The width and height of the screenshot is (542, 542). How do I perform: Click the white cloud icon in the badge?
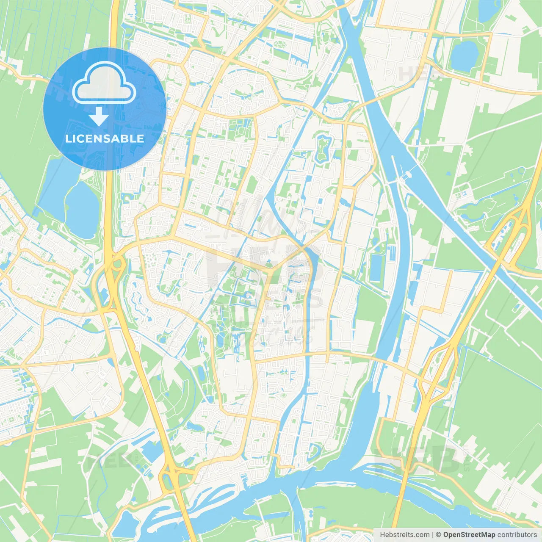pos(104,83)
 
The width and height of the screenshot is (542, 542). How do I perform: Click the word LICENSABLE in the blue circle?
pos(104,138)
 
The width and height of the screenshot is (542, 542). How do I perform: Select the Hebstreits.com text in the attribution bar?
pos(404,534)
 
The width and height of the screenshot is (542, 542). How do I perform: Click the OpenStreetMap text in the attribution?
pos(469,534)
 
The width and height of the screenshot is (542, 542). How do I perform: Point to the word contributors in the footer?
pos(517,534)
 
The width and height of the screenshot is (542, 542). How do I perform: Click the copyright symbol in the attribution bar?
pos(438,534)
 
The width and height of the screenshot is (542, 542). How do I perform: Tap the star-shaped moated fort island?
pos(323,148)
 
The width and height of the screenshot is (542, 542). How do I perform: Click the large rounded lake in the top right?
pos(464,55)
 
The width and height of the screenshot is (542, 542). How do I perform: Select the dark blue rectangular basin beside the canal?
pos(376,267)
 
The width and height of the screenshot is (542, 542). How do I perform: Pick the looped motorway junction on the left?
pos(113,271)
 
